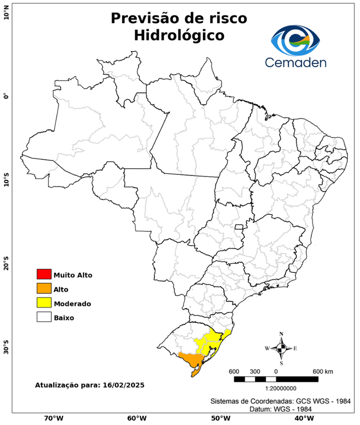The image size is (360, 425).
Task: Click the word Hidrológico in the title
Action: coord(179,35)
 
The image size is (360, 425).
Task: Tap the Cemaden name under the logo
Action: coord(295,63)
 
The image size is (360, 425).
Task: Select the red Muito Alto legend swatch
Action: coord(44,274)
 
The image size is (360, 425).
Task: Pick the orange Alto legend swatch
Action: coord(44,289)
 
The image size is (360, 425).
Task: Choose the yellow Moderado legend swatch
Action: coord(44,303)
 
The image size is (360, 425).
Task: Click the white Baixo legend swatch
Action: coord(44,318)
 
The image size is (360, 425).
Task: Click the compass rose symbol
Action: coord(281,348)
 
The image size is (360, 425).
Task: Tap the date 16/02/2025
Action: coord(124,385)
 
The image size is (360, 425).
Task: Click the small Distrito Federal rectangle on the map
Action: coord(240,226)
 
